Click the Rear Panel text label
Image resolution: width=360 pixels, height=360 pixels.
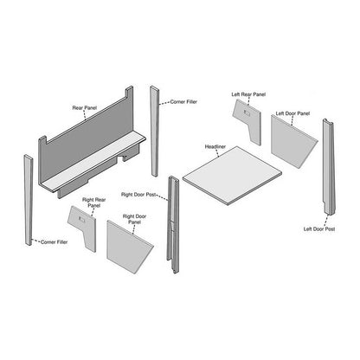click(x=84, y=108)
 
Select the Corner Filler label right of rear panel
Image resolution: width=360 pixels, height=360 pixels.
click(x=184, y=101)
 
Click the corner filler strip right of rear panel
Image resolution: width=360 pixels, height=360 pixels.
click(x=156, y=130)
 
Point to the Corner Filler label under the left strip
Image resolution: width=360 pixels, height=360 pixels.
click(x=55, y=242)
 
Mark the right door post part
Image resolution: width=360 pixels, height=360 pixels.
click(x=173, y=225)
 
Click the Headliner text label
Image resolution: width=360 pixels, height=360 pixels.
click(x=215, y=148)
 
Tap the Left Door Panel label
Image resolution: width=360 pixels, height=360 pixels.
click(x=292, y=113)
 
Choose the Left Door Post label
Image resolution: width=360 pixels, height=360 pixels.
click(x=319, y=229)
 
